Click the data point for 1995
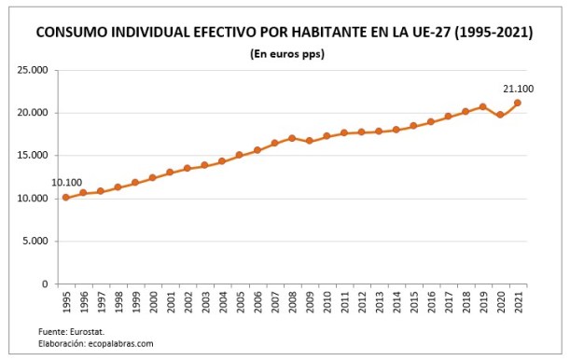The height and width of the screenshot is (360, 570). click(65, 198)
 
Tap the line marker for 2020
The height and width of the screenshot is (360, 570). click(500, 115)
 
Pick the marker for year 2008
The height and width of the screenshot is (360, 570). click(292, 138)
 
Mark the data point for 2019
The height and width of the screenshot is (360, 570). click(482, 106)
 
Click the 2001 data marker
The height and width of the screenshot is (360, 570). click(170, 173)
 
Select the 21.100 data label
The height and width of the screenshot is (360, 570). click(518, 88)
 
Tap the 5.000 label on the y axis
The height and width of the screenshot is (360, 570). click(36, 242)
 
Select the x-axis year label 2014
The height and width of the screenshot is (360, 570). click(396, 304)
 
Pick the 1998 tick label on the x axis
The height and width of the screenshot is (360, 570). click(118, 304)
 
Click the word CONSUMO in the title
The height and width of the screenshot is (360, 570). click(76, 33)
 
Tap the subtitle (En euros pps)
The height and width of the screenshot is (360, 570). click(286, 54)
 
